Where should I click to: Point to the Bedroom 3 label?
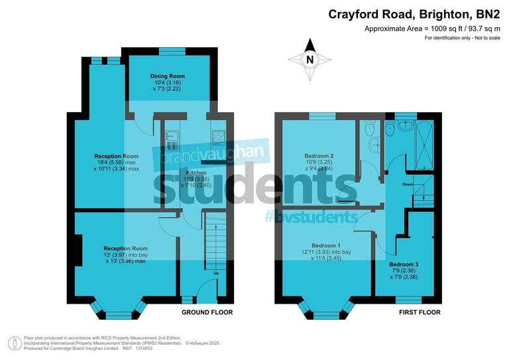404,264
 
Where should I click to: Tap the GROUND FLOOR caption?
207,312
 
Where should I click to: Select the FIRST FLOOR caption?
420,312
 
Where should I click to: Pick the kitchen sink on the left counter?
168,140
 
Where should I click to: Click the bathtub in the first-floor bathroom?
421,145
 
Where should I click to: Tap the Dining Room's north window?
170,50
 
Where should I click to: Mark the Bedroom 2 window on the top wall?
322,116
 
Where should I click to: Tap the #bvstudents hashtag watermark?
310,216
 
